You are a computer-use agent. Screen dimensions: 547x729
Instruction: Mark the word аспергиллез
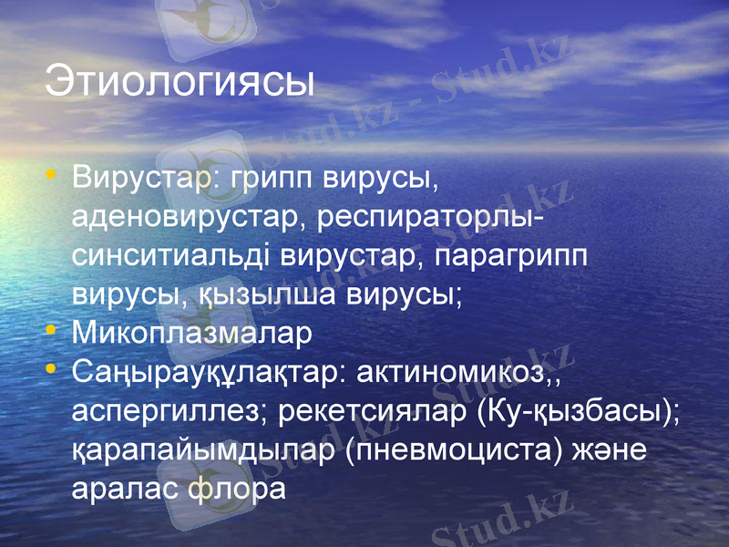tap(165, 412)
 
